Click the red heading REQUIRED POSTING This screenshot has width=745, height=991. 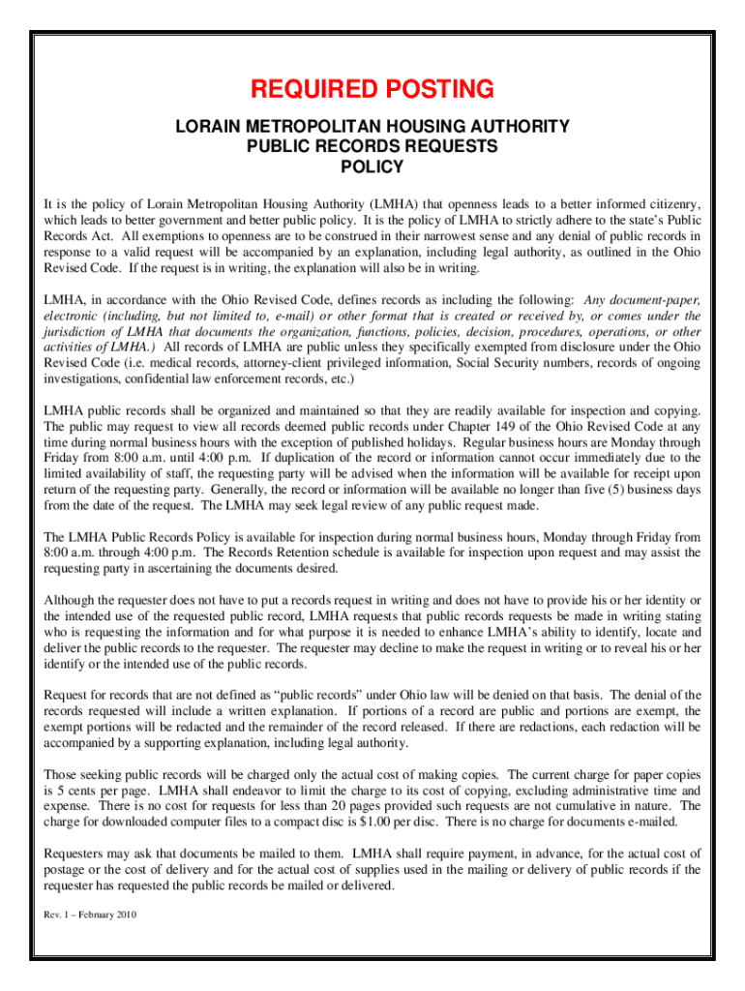[x=372, y=90]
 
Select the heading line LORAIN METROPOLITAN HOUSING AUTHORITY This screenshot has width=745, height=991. [x=372, y=127]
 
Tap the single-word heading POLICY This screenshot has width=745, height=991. [x=372, y=167]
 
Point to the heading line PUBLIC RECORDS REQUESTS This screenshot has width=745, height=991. [x=372, y=147]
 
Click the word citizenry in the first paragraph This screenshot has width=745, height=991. [x=672, y=205]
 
